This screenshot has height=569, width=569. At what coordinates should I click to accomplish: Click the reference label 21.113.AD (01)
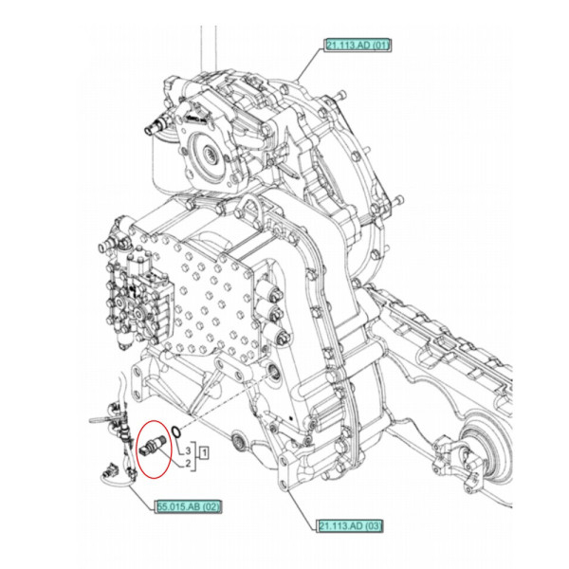359,45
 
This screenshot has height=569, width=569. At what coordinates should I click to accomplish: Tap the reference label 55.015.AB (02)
189,506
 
